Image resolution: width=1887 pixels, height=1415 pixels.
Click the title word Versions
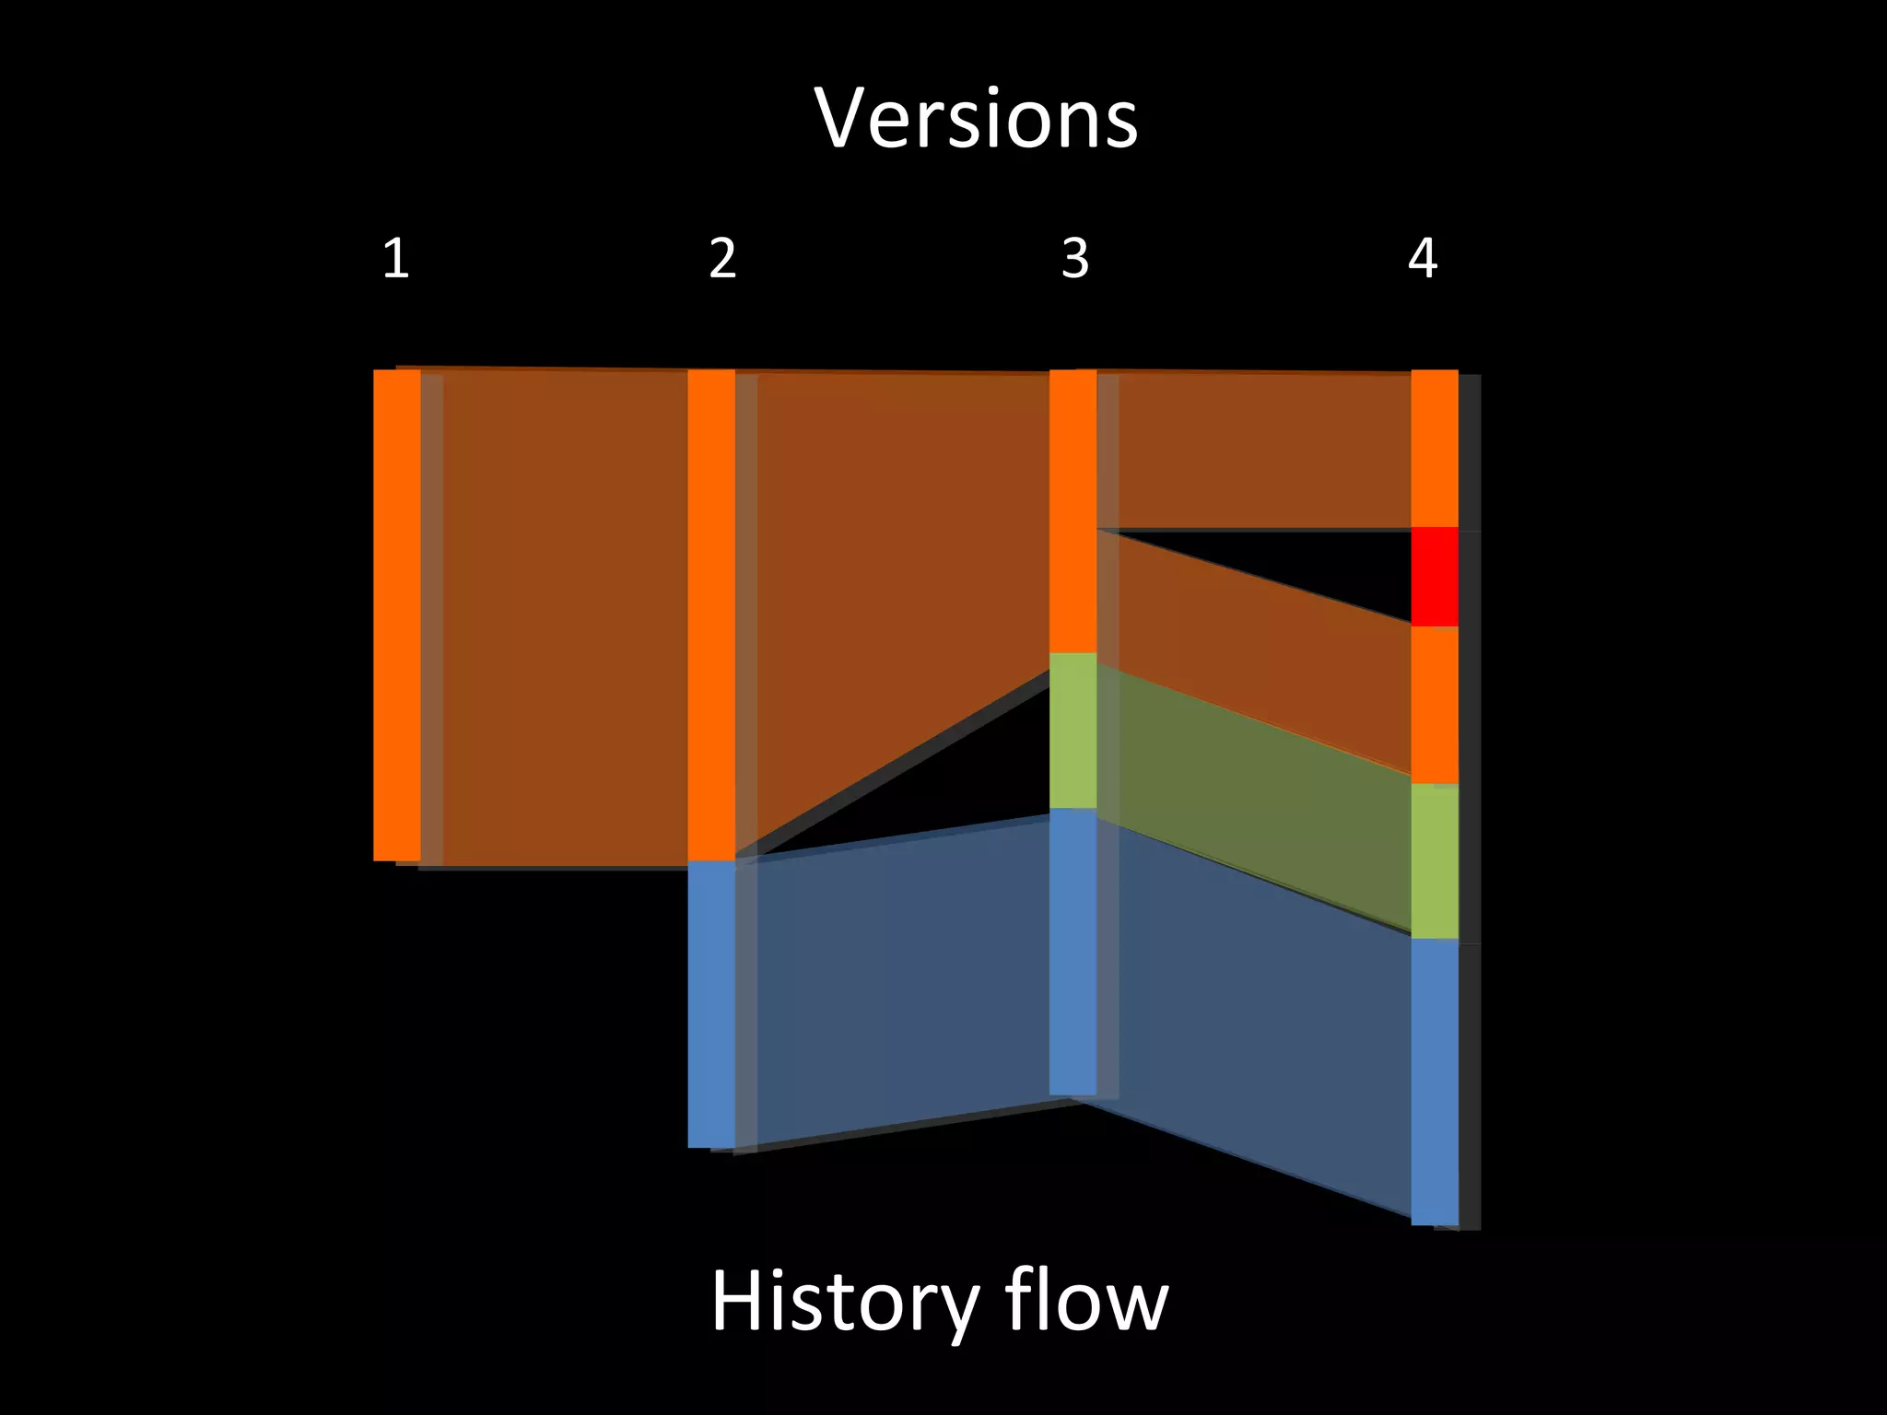(x=976, y=119)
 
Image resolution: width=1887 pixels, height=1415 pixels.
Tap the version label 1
(x=395, y=259)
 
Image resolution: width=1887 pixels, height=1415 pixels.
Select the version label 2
(x=723, y=259)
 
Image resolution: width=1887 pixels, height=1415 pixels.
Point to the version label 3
(x=1075, y=259)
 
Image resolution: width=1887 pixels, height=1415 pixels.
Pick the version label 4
(x=1423, y=259)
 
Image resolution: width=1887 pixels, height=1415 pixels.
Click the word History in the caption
(x=844, y=1301)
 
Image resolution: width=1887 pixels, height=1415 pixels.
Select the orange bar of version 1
(x=396, y=614)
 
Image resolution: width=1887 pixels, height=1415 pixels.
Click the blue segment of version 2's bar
(x=711, y=1003)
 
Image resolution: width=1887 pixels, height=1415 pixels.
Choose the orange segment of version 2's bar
(x=711, y=614)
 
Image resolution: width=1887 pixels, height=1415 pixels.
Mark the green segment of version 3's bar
(x=1073, y=731)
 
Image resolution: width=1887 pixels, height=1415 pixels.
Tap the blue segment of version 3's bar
(x=1073, y=952)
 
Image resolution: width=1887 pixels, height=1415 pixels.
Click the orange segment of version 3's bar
(x=1073, y=511)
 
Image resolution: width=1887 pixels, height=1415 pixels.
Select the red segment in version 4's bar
(x=1435, y=577)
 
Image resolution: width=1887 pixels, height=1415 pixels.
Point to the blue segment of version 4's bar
(x=1435, y=1082)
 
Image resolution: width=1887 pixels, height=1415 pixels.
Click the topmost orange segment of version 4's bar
(x=1435, y=449)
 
